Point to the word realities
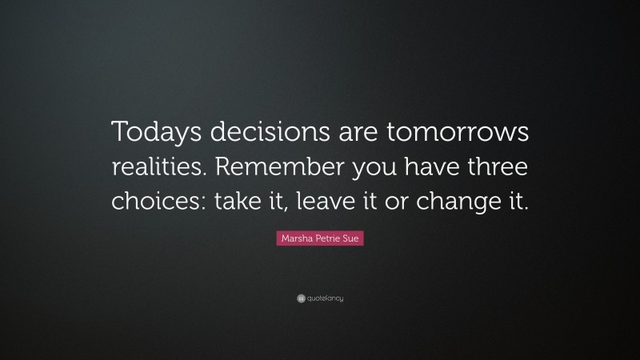point(155,166)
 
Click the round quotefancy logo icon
point(301,298)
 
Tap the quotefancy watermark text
point(325,298)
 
